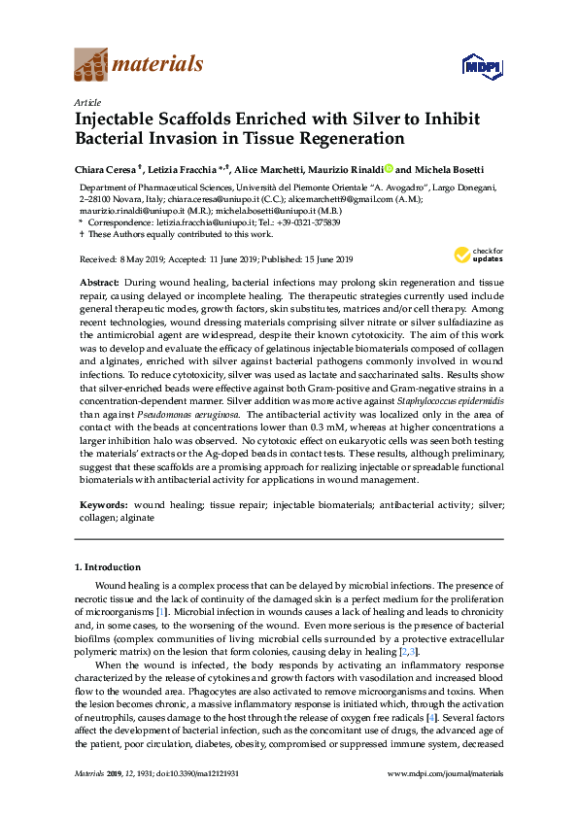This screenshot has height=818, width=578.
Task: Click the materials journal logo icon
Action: pyautogui.click(x=91, y=65)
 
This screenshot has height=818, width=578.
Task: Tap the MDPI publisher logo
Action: pyautogui.click(x=481, y=66)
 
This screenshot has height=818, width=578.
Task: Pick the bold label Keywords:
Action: pyautogui.click(x=103, y=506)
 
